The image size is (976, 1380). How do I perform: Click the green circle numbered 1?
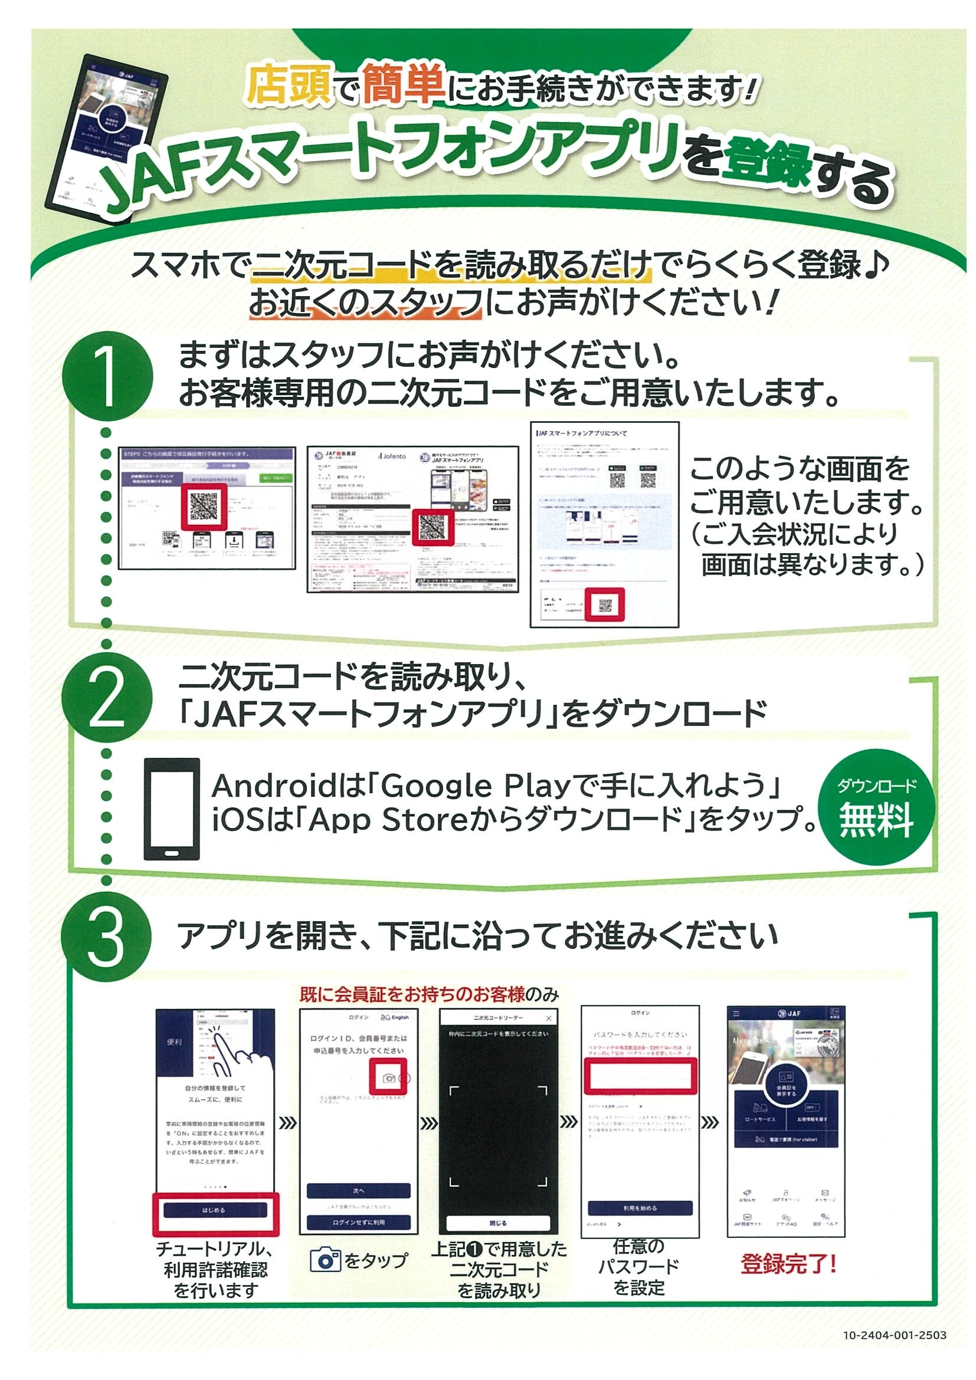[x=107, y=376]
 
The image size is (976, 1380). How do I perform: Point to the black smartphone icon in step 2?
[x=171, y=809]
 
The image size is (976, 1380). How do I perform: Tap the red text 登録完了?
[x=788, y=1264]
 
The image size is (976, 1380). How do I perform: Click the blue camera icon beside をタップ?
[x=325, y=1260]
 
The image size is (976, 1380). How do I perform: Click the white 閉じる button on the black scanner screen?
[x=498, y=1223]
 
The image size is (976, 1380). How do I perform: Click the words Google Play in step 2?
[x=475, y=785]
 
